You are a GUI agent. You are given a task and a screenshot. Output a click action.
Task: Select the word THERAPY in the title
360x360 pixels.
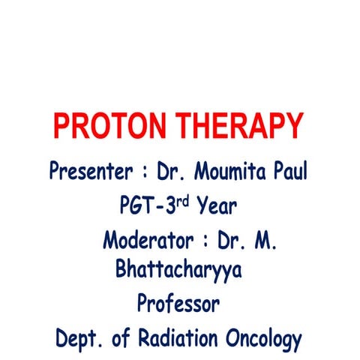click(x=235, y=125)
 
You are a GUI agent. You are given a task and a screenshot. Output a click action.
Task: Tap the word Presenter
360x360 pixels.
click(x=88, y=171)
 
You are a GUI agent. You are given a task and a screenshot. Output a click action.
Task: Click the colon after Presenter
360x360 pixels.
click(x=142, y=172)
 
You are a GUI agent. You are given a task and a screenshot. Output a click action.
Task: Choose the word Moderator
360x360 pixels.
click(x=148, y=241)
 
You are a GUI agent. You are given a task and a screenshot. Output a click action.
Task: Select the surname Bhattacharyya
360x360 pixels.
click(x=178, y=270)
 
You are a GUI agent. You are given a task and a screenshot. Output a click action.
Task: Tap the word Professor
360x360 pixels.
click(x=178, y=304)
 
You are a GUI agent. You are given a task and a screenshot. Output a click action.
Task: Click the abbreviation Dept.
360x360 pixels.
click(x=80, y=338)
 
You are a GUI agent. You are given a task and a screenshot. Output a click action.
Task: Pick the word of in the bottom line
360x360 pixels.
click(x=127, y=337)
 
